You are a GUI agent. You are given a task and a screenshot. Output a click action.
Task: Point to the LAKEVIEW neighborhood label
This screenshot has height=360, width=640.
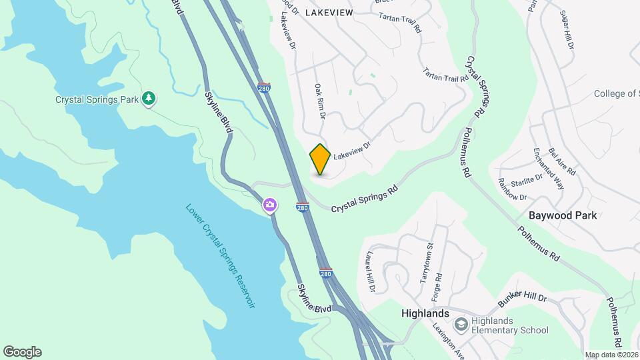click(x=328, y=12)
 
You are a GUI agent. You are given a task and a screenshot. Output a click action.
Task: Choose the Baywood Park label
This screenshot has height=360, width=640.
click(x=562, y=215)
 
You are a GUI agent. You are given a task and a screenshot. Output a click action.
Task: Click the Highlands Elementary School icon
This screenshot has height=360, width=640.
click(x=461, y=325)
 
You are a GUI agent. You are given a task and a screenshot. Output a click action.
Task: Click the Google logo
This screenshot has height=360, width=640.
click(x=22, y=351)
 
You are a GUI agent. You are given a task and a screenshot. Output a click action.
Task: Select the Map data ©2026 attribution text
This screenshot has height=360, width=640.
click(x=611, y=355)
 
